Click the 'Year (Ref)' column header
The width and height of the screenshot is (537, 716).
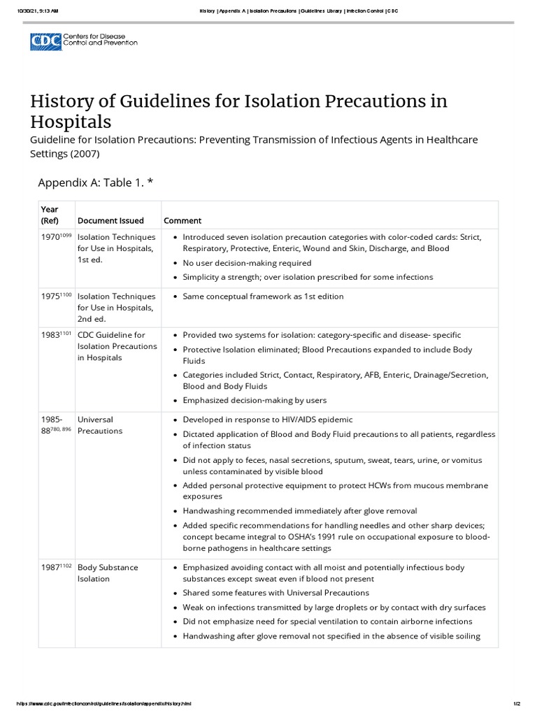point(50,215)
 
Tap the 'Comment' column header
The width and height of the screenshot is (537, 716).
point(182,221)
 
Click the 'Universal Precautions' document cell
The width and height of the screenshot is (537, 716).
point(100,425)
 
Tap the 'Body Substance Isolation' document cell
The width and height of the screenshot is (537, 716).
point(107,573)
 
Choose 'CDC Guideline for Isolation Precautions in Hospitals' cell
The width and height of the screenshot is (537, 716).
point(111,346)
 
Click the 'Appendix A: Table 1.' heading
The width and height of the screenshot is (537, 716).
point(95,182)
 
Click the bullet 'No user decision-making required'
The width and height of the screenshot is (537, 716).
point(247,263)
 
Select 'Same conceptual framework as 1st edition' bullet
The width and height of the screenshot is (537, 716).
point(263,296)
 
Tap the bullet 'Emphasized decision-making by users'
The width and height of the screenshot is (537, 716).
point(255,401)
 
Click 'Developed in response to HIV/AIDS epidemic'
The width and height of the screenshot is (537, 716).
point(268,420)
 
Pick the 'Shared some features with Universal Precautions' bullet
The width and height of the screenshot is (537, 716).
point(275,593)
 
